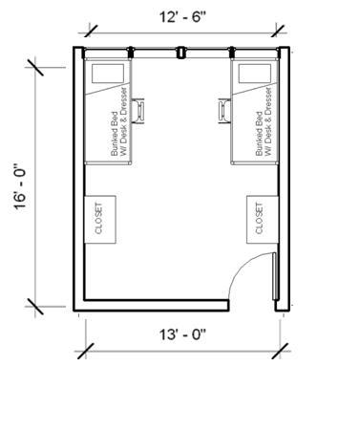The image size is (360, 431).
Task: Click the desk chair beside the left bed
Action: point(139,110)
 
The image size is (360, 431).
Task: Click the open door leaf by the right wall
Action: point(275,282)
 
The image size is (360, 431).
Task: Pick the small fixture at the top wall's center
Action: point(180,54)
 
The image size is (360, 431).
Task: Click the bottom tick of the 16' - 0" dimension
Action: point(37,308)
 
